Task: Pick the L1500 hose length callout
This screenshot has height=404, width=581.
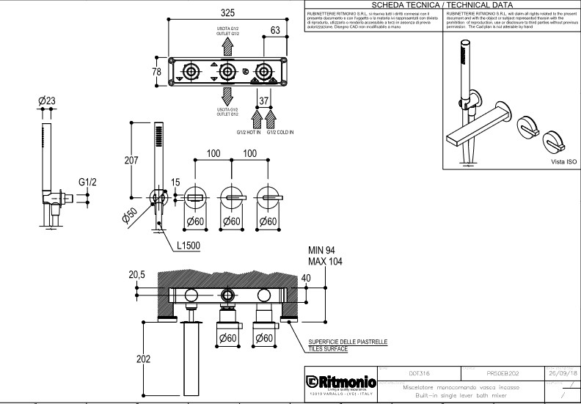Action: [190, 246]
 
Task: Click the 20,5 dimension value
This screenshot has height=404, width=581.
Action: [137, 273]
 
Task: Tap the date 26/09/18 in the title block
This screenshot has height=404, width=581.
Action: [563, 372]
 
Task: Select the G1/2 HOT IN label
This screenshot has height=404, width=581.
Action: [249, 133]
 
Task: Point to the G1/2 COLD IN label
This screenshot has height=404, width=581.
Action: [280, 133]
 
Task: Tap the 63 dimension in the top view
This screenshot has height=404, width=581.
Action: [275, 30]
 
